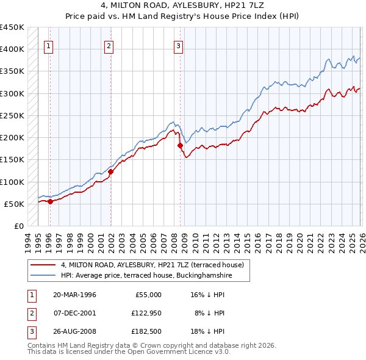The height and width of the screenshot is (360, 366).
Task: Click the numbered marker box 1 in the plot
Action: pyautogui.click(x=48, y=45)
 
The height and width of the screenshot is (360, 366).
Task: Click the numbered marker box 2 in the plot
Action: pyautogui.click(x=109, y=45)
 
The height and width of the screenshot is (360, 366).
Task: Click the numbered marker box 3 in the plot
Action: pyautogui.click(x=179, y=45)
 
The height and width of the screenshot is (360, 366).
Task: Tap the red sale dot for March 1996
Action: pyautogui.click(x=50, y=202)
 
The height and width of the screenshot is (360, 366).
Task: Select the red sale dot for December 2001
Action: pyautogui.click(x=110, y=172)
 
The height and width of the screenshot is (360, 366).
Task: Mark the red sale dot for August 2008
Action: pyautogui.click(x=181, y=145)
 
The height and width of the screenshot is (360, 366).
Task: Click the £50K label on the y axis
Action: pyautogui.click(x=15, y=204)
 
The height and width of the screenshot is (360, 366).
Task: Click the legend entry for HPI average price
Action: pyautogui.click(x=146, y=275)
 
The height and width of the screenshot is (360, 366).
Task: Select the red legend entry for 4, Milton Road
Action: pyautogui.click(x=152, y=265)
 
